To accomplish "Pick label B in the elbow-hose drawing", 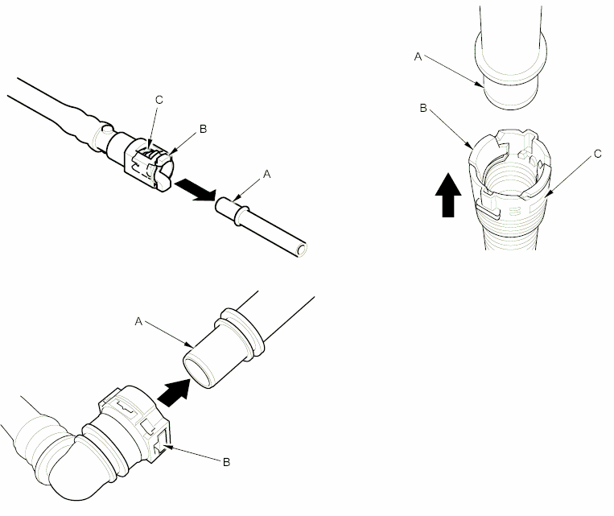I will (226, 461).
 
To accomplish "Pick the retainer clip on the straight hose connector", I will (149, 165).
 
